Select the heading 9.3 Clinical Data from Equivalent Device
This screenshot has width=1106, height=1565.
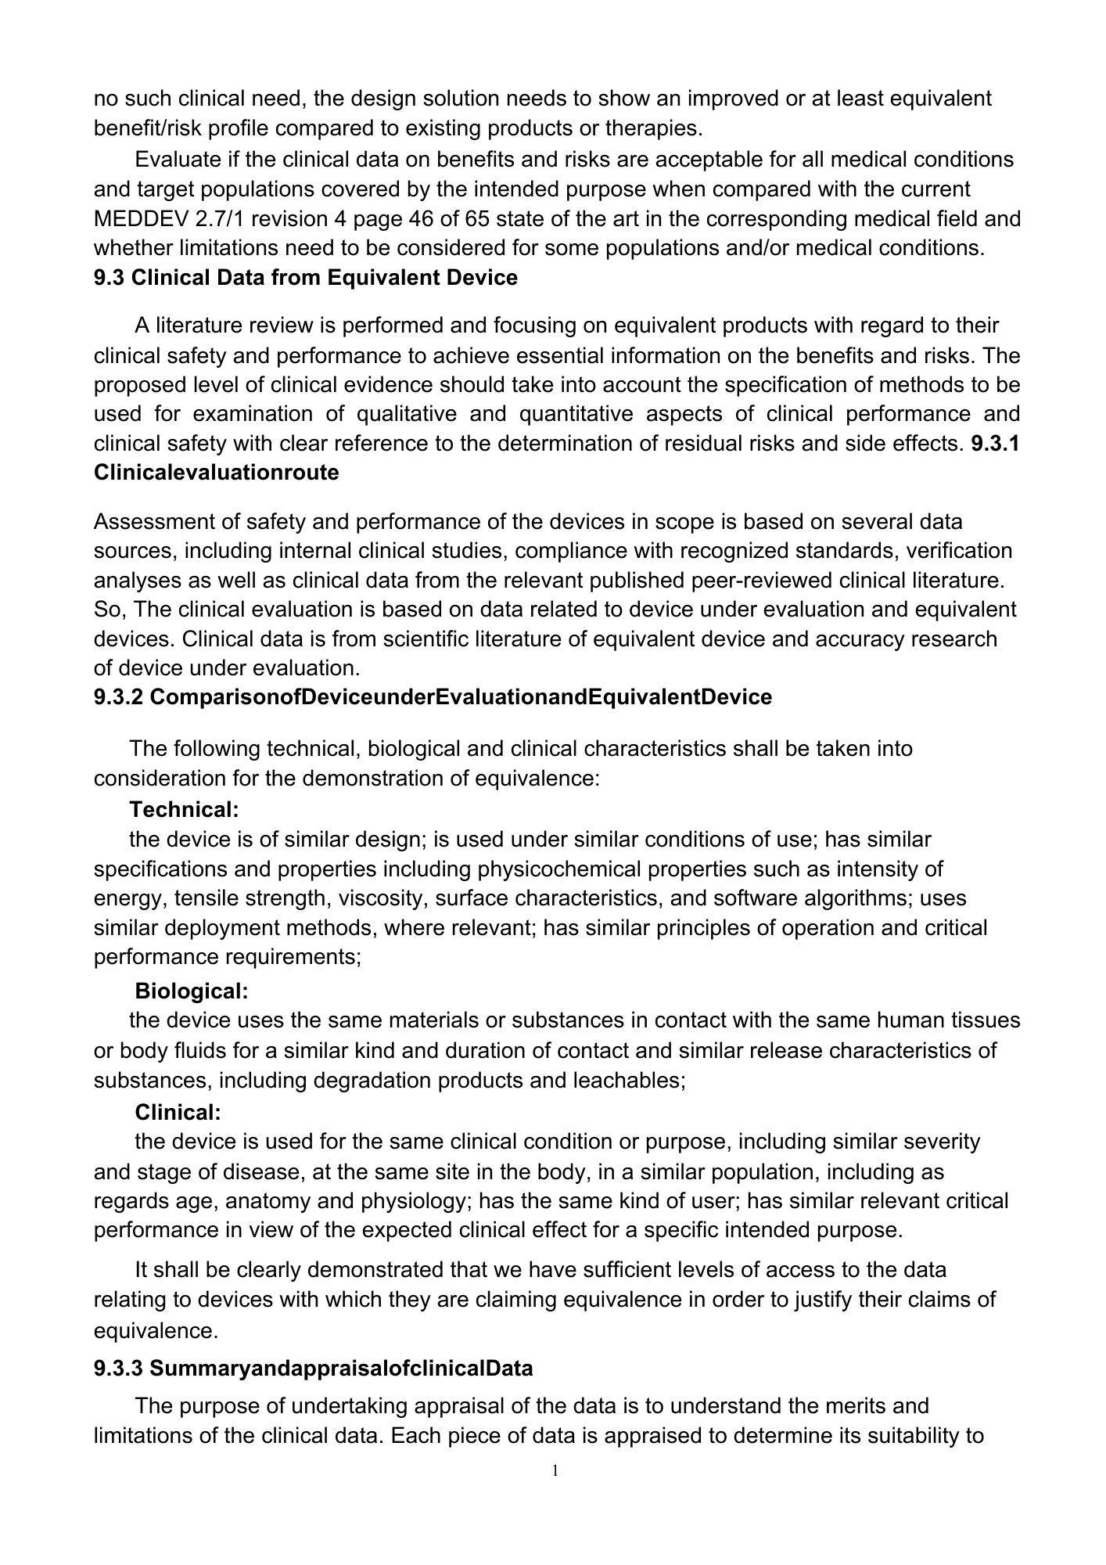coord(305,278)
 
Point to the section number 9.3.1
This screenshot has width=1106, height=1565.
coord(995,444)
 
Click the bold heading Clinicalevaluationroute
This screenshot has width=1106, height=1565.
coord(216,473)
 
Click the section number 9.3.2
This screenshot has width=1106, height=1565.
coord(118,696)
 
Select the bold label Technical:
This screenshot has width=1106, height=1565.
coord(184,808)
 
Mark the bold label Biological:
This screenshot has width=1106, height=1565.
coord(192,991)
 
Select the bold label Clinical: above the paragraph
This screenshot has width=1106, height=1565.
coord(178,1112)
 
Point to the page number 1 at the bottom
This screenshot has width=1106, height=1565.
coord(555,1471)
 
